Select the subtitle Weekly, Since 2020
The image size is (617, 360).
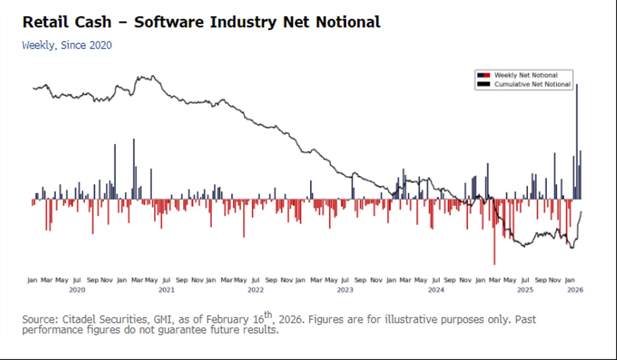click(67, 45)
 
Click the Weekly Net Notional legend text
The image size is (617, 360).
click(525, 76)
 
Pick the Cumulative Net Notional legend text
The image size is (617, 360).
click(532, 84)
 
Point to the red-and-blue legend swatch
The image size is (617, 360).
click(484, 76)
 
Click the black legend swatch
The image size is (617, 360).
click(484, 84)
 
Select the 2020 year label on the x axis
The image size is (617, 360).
click(77, 290)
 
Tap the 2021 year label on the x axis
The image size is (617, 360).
click(166, 290)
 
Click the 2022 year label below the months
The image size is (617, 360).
click(256, 290)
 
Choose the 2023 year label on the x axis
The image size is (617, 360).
click(345, 290)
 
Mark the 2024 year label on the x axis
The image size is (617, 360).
click(435, 290)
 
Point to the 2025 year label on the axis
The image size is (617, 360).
click(525, 290)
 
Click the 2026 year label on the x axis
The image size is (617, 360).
click(575, 290)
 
